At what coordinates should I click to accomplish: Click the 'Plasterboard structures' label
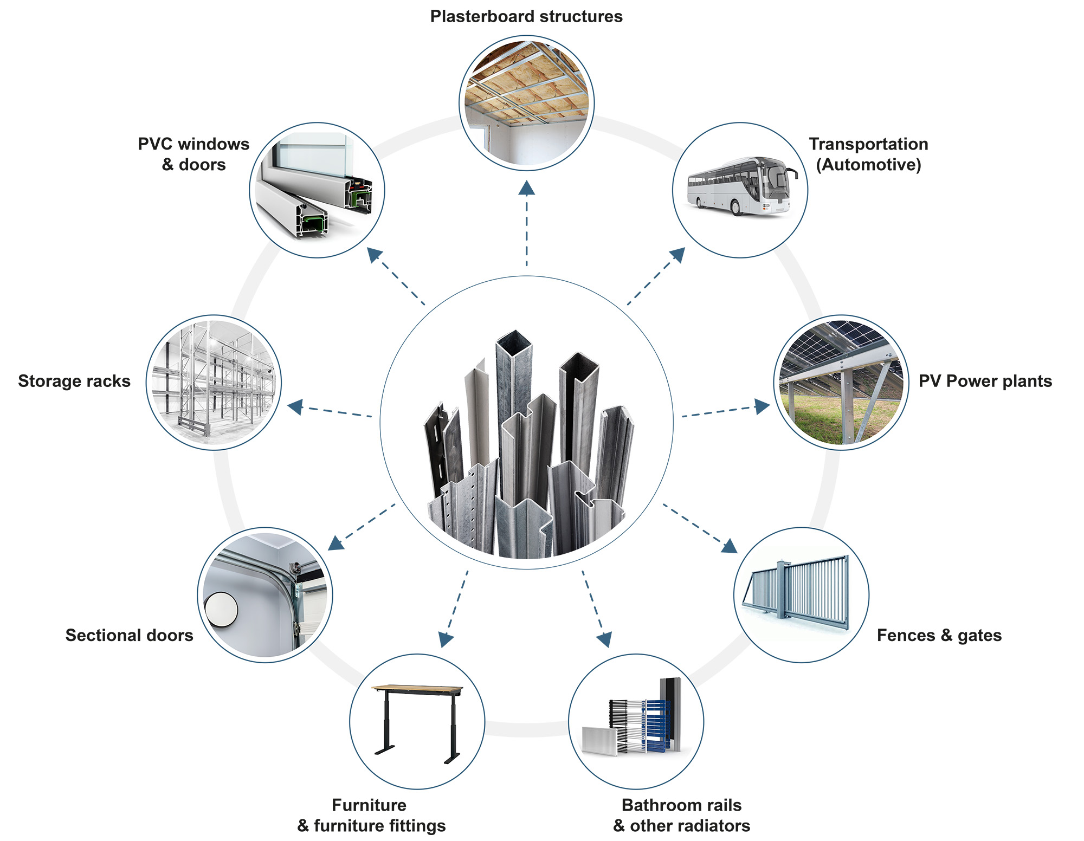526,17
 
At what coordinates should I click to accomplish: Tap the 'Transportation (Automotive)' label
868,154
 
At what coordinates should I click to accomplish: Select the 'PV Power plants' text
985,381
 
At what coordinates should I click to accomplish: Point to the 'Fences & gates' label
939,635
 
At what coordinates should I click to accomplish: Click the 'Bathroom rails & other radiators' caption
681,815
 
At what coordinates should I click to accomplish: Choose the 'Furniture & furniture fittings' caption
371,815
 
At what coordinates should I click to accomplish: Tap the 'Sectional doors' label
129,635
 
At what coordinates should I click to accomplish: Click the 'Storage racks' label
74,381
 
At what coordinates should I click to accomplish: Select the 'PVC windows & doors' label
193,154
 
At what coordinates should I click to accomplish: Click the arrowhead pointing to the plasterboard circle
526,187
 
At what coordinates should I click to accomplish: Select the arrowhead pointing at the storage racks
295,406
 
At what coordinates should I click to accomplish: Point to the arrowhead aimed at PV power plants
762,406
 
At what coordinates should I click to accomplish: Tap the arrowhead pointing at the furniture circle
446,640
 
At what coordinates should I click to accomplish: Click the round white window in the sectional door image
221,610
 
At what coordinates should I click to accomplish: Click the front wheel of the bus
737,208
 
